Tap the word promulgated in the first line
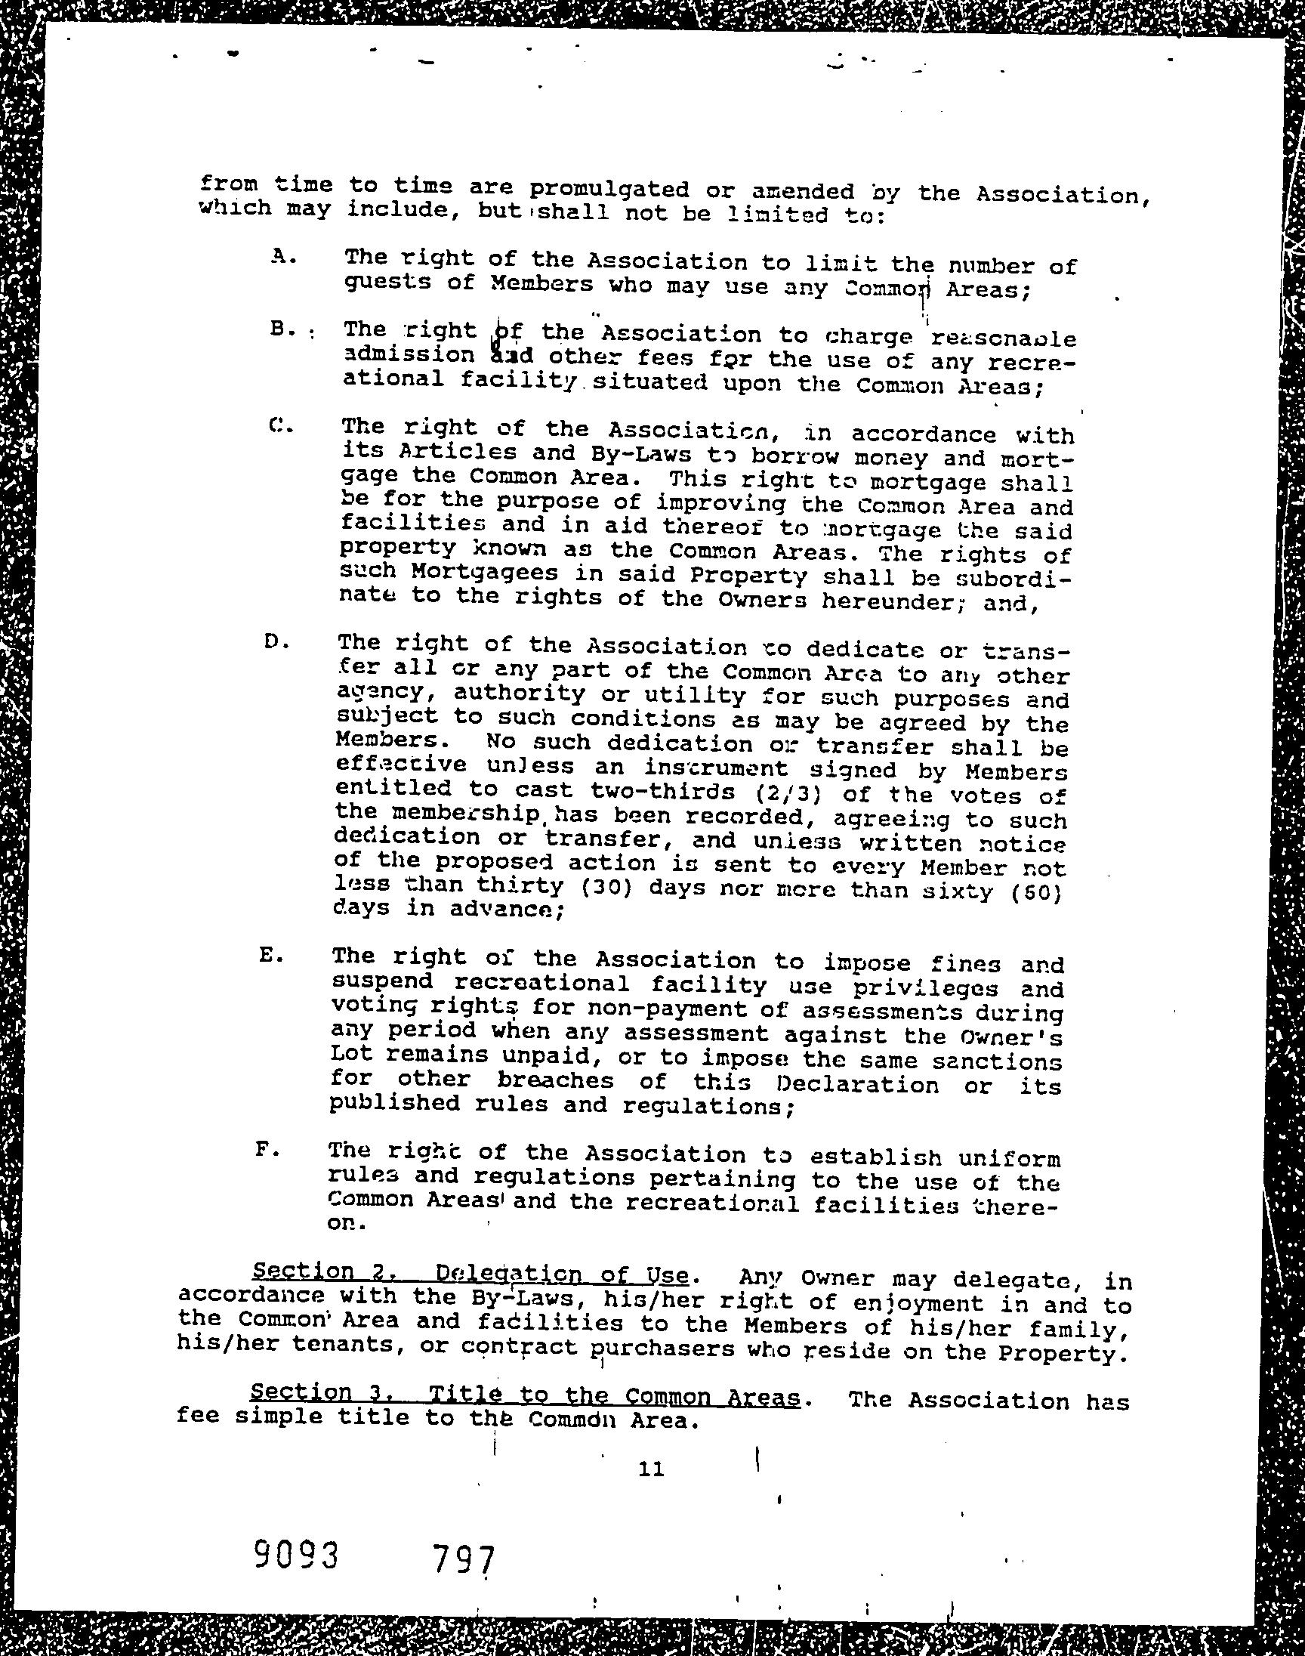click(x=609, y=190)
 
